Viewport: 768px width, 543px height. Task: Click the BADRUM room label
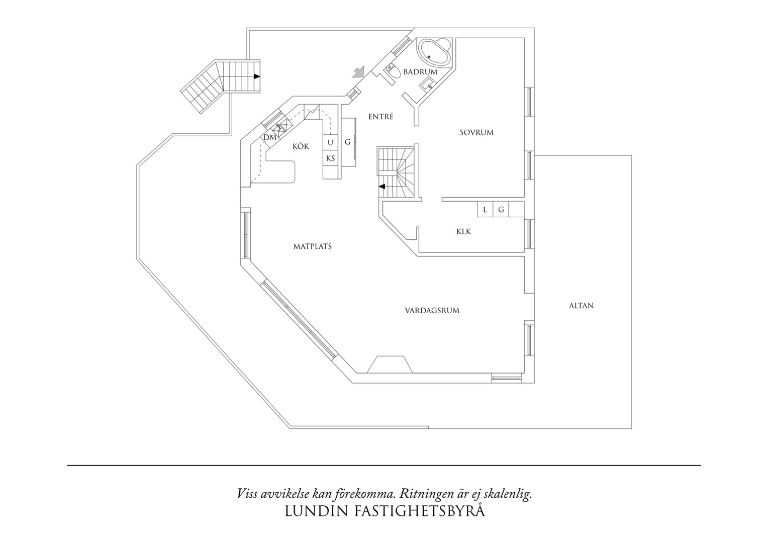point(420,72)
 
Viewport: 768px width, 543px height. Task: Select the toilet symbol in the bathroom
point(393,72)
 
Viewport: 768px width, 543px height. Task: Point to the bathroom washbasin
point(427,84)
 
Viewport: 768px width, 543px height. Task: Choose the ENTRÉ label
point(380,117)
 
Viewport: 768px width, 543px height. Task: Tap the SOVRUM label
point(476,132)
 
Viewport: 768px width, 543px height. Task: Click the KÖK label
point(301,146)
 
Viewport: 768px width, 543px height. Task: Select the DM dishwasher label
point(270,138)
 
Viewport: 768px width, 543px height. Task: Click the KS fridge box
point(331,158)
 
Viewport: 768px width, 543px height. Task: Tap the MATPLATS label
point(312,247)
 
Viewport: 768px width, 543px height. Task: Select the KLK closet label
point(463,232)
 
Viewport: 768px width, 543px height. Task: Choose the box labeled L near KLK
point(485,209)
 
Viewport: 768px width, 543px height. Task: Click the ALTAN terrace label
point(581,306)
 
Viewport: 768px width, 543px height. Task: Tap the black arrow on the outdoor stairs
point(257,76)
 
